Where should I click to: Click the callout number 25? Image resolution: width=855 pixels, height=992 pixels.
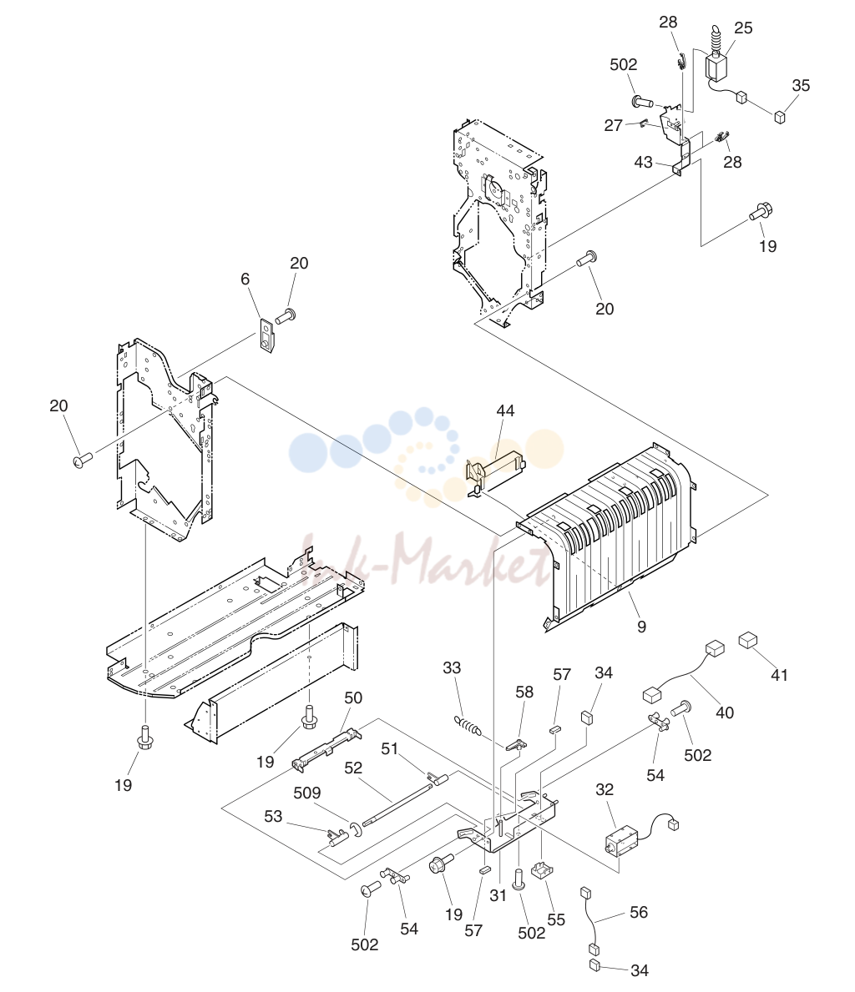tap(743, 28)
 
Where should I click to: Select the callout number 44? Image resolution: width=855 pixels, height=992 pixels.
tap(505, 410)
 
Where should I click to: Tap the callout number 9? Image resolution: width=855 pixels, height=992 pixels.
tap(641, 627)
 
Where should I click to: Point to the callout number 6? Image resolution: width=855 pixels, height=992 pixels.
tap(245, 279)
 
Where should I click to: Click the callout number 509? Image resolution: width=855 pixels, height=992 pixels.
tap(307, 793)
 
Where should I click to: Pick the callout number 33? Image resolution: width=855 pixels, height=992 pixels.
tap(452, 667)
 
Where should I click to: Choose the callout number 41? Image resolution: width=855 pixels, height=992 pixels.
tap(779, 675)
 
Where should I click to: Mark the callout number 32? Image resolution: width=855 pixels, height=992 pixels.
tap(605, 789)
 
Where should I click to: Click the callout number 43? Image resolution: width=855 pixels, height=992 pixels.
tap(643, 162)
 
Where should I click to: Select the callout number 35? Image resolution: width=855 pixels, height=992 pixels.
tap(801, 85)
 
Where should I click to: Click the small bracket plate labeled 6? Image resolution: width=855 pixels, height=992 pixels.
tap(266, 334)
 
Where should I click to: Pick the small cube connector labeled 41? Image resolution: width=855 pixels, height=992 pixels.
tap(748, 640)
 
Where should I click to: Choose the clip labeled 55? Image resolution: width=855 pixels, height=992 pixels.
tap(539, 870)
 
